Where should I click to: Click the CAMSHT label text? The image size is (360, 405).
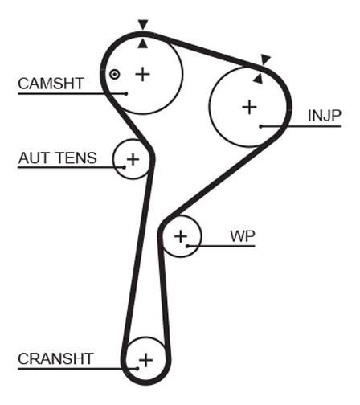(x=51, y=84)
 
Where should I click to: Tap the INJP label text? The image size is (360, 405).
(x=325, y=116)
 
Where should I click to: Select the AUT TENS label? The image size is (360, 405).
(x=58, y=157)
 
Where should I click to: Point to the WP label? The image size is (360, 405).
(x=243, y=236)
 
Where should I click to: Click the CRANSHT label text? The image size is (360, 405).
(x=55, y=358)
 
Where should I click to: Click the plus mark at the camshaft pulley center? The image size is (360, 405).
(x=142, y=74)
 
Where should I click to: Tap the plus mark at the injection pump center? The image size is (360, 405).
(x=249, y=108)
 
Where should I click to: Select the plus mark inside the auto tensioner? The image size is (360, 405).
(x=133, y=159)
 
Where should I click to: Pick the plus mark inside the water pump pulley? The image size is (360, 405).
(x=181, y=236)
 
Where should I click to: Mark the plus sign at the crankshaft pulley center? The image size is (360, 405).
(x=146, y=360)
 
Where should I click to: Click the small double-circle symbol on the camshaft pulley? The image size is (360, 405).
(x=114, y=75)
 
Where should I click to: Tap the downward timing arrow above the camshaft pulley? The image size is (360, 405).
(x=143, y=24)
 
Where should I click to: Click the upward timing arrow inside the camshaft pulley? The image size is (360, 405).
(x=143, y=43)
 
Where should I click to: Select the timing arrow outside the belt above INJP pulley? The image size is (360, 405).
(x=265, y=59)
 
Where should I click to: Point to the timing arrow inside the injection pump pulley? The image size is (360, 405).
(x=258, y=79)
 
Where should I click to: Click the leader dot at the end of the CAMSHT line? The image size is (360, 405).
(x=126, y=93)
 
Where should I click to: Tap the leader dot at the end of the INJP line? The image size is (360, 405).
(x=261, y=126)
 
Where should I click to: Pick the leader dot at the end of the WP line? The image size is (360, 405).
(x=188, y=246)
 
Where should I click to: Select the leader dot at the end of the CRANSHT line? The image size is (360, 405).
(x=137, y=369)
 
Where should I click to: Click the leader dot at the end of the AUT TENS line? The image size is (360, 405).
(x=124, y=167)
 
